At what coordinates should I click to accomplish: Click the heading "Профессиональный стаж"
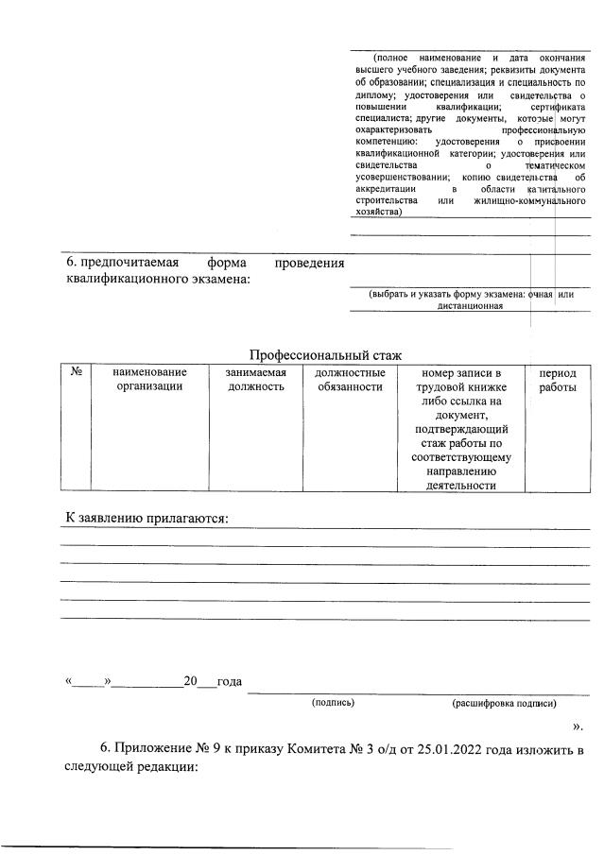point(325,355)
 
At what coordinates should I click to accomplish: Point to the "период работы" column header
point(558,380)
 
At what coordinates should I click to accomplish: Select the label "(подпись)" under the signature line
point(333,703)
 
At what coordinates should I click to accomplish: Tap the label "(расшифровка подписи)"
point(504,703)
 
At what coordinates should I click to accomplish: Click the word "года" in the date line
point(230,681)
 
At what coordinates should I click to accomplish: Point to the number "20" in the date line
point(190,681)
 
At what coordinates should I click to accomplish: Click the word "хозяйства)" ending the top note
point(377,213)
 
